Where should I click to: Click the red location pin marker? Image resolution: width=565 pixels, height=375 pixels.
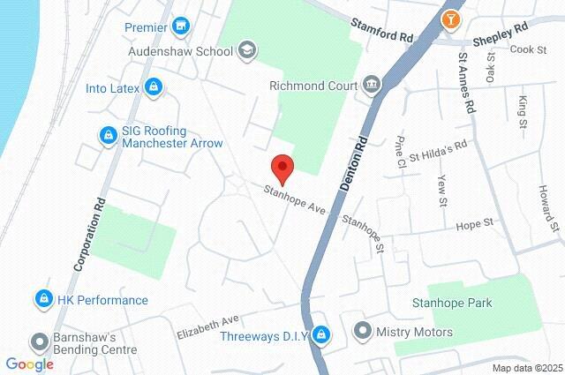[x=282, y=166]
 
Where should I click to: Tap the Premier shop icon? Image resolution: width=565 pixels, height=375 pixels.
[x=181, y=26]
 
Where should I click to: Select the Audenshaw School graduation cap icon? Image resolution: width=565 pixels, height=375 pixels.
[x=246, y=50]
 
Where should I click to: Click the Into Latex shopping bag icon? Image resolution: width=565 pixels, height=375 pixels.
[x=154, y=86]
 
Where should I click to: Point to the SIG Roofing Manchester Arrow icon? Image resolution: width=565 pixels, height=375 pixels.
[x=108, y=135]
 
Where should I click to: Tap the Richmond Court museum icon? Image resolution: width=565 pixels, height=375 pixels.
[x=371, y=86]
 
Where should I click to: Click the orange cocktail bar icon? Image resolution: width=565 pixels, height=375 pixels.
[x=451, y=18]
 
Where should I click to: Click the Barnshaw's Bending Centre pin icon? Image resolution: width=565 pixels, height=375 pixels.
[x=39, y=341]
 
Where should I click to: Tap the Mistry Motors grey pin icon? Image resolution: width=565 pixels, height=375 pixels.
[x=362, y=332]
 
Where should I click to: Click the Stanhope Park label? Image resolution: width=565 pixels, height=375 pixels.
[x=463, y=303]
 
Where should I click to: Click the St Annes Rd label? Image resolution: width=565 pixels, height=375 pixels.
[x=465, y=82]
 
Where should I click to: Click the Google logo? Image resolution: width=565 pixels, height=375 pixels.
[x=29, y=364]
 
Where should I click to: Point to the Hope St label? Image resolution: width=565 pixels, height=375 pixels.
[x=473, y=226]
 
